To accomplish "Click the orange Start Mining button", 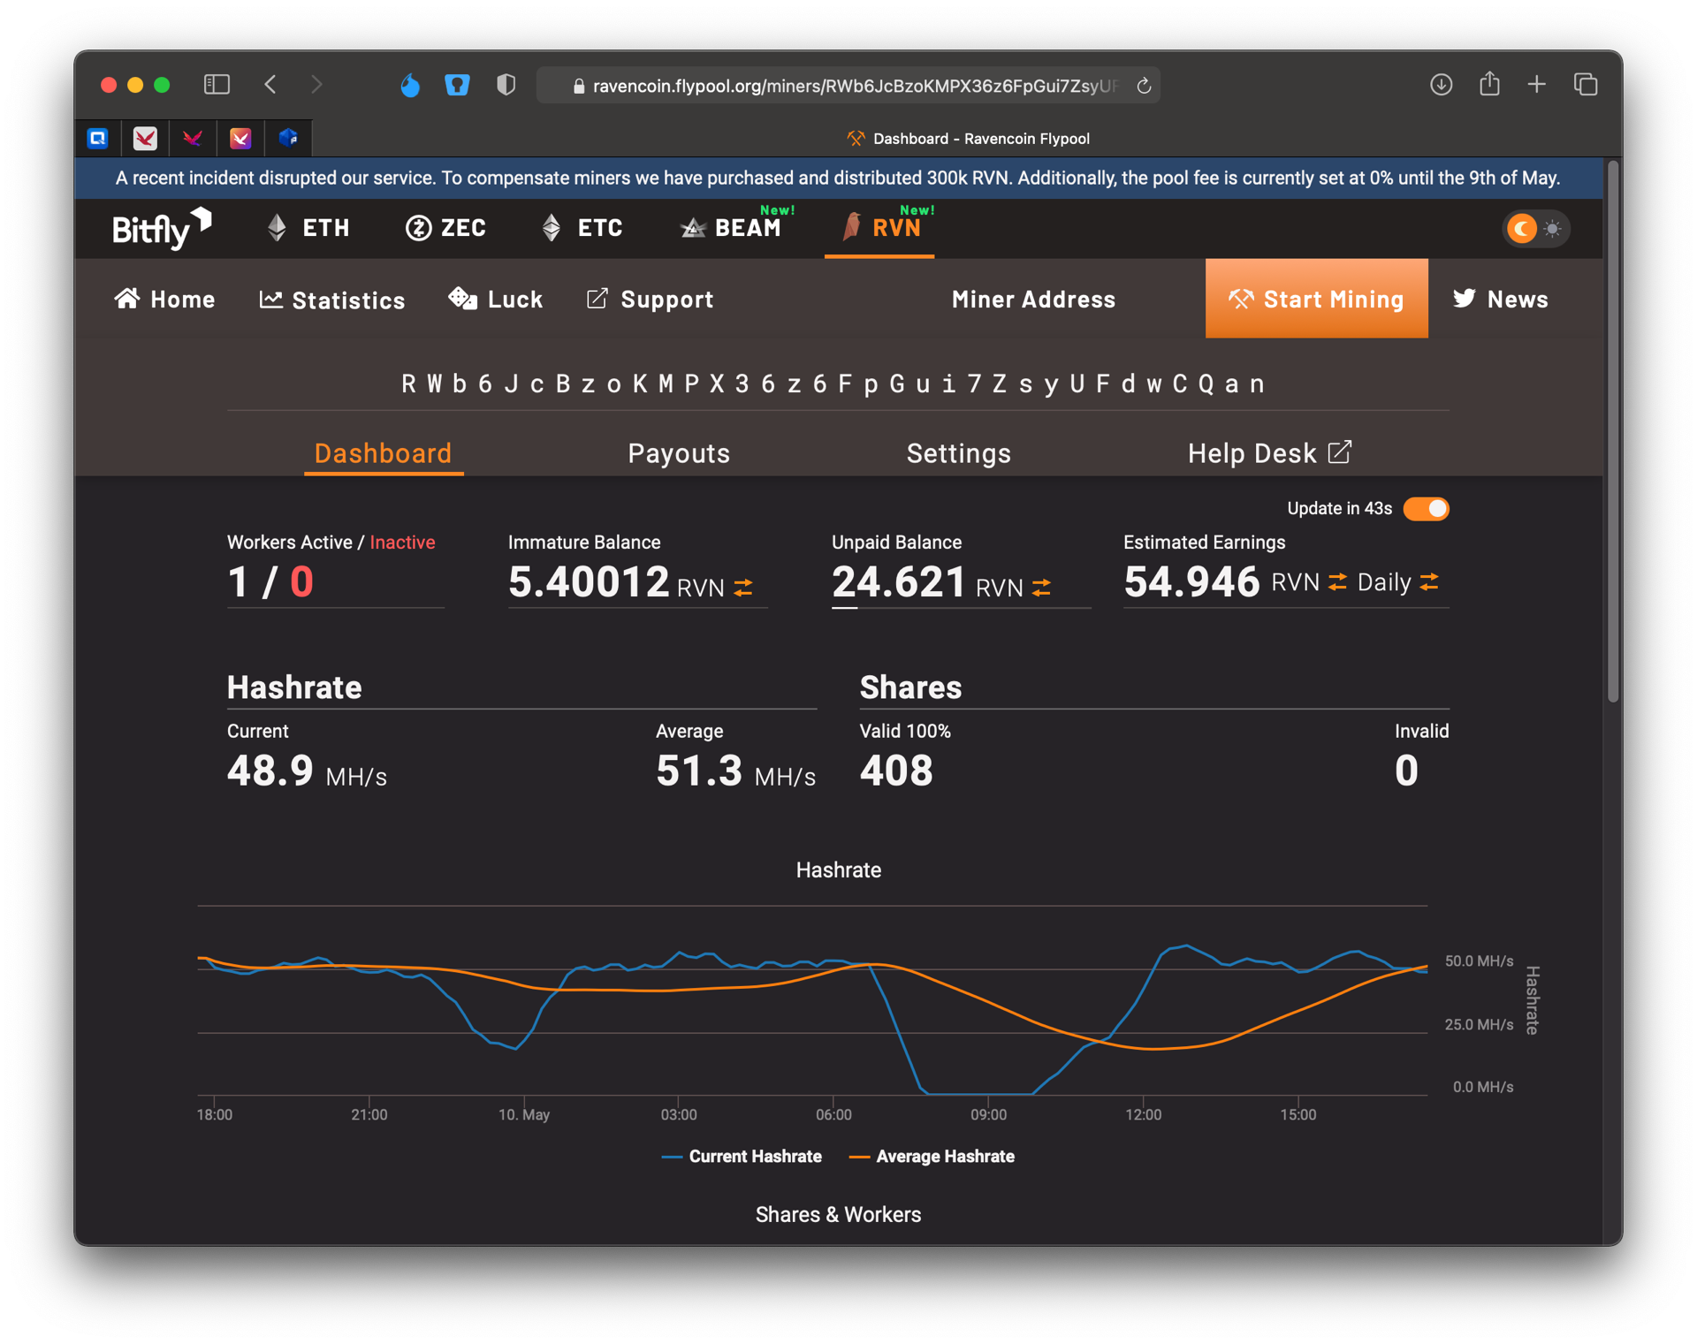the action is (1316, 299).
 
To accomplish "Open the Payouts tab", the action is (679, 453).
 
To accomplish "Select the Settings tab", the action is (959, 453).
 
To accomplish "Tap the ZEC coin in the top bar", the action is (445, 228).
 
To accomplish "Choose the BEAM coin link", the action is (731, 228).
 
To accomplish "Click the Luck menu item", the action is (496, 300).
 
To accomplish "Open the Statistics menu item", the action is (332, 300).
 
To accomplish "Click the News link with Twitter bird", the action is (1500, 299).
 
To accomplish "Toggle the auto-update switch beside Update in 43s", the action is (1426, 509).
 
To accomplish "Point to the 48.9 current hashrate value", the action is (270, 771).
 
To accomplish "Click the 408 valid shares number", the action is (896, 771).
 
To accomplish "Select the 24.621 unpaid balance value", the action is (899, 581).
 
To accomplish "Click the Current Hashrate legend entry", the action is (742, 1157).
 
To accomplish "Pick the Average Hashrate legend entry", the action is (932, 1157).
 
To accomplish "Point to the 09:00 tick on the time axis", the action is (988, 1114).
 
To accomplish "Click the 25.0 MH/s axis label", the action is (1479, 1025).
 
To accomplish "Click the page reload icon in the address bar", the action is (1144, 86).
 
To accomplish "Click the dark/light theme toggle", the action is (1536, 229).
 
